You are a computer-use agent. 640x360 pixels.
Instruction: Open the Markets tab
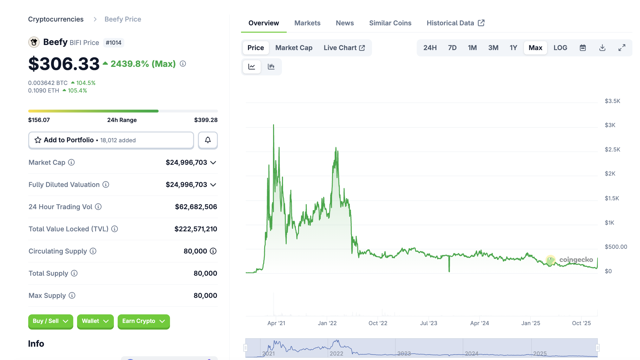[x=307, y=23]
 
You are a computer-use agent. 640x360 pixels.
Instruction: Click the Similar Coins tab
[x=390, y=23]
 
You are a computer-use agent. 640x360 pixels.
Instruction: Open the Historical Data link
[x=455, y=23]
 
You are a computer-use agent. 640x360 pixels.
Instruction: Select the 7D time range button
[x=452, y=48]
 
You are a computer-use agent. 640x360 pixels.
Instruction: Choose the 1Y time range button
[x=513, y=48]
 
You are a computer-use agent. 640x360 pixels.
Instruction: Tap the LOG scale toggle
[x=560, y=48]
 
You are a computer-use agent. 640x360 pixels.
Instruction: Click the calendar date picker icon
[x=583, y=48]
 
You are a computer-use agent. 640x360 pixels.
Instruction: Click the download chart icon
[x=602, y=48]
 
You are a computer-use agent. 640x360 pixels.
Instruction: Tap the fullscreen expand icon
[x=622, y=48]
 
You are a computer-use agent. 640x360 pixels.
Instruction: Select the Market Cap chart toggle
[x=294, y=48]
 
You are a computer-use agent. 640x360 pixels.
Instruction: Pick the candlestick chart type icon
[x=271, y=67]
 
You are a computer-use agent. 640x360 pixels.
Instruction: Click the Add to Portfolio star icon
[x=38, y=140]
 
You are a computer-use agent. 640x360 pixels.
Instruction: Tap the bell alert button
[x=208, y=140]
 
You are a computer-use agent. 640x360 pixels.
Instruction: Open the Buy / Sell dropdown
[x=51, y=321]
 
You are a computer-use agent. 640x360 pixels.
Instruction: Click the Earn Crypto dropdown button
[x=144, y=321]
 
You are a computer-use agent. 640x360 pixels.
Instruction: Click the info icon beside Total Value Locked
[x=114, y=229]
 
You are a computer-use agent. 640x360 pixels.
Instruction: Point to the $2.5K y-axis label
[x=612, y=150]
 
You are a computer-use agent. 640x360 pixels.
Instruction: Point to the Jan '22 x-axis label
[x=327, y=323]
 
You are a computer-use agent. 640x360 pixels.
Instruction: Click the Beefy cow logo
[x=34, y=42]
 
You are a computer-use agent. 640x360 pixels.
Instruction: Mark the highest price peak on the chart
[x=273, y=125]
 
